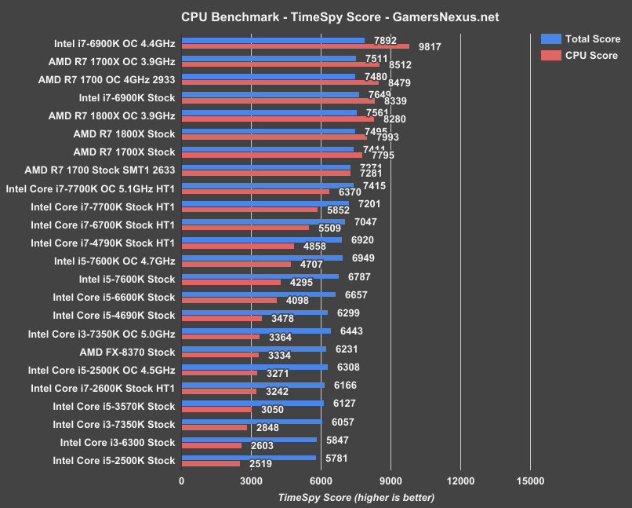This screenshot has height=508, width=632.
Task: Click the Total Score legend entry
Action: coord(581,38)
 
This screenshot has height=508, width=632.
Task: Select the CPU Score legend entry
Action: coord(579,55)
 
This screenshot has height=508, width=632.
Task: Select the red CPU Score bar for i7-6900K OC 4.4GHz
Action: coord(295,46)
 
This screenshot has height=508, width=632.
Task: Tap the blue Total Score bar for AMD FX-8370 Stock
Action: coord(253,349)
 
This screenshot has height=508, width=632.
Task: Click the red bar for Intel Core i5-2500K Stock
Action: coord(210,464)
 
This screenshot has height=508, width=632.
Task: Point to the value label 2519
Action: coord(261,464)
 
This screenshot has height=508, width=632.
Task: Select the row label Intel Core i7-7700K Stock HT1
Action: coord(102,206)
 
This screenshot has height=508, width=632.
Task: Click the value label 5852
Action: coord(339,210)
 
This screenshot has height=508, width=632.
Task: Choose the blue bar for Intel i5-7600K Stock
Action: coord(260,276)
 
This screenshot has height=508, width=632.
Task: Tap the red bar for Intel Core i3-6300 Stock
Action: coord(211,446)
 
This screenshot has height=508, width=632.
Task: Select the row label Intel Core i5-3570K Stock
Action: coord(114,406)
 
